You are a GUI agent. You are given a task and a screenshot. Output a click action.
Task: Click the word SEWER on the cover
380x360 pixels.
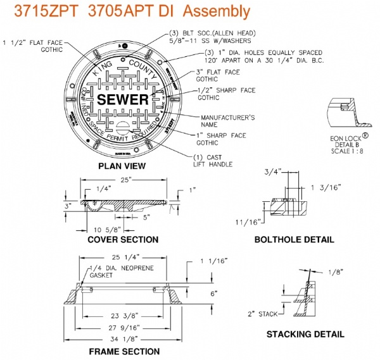[123, 99]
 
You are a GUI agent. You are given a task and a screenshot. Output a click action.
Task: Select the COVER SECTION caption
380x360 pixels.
[123, 239]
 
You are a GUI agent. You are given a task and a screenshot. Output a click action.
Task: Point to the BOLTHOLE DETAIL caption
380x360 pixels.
[293, 239]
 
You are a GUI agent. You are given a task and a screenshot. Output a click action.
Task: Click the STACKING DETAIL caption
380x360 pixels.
[305, 334]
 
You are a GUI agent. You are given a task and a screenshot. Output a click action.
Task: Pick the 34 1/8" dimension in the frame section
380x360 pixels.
[125, 339]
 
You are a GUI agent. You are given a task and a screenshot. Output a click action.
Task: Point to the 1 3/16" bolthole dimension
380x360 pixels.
[327, 187]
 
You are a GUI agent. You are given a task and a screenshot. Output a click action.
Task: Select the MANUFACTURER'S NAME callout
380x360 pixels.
[218, 121]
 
